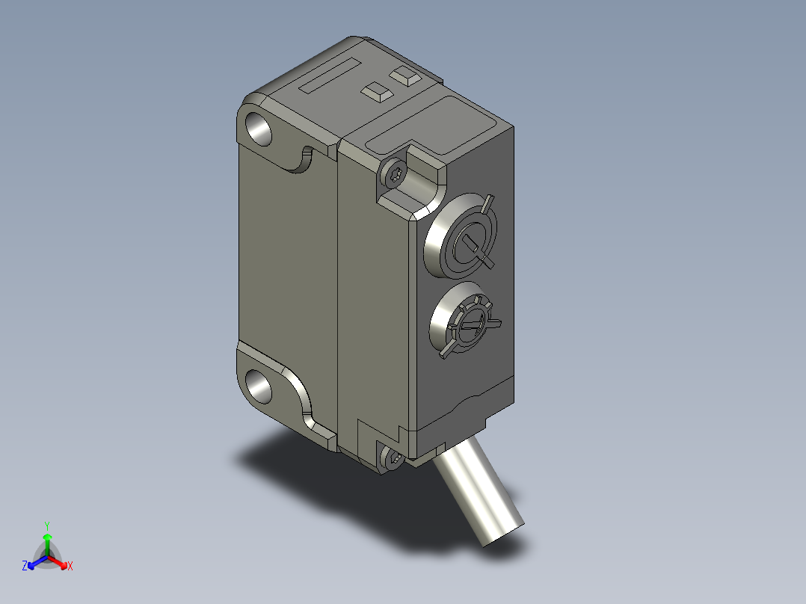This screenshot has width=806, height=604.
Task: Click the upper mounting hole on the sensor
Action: pyautogui.click(x=259, y=128)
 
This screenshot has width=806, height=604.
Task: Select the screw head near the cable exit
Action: pyautogui.click(x=392, y=458)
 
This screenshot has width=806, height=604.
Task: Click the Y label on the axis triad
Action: pyautogui.click(x=47, y=526)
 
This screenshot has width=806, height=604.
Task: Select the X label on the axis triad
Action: pyautogui.click(x=70, y=566)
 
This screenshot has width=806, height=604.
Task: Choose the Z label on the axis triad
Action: pyautogui.click(x=25, y=566)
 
